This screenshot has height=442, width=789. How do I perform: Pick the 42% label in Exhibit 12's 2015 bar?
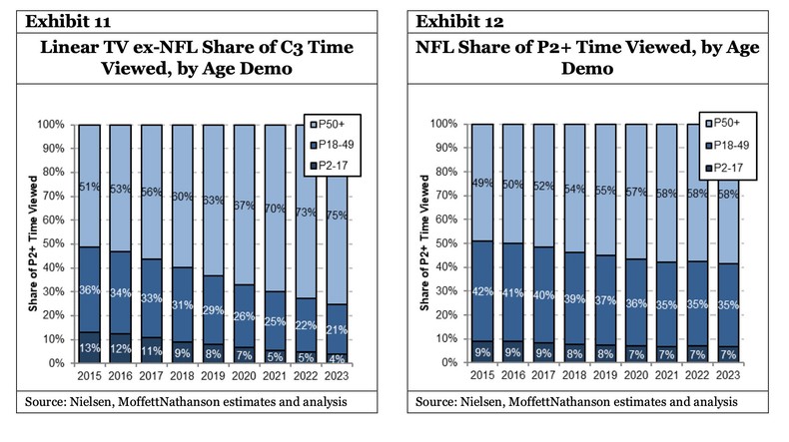click(x=482, y=292)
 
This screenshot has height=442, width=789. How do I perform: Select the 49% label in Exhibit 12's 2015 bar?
click(x=482, y=183)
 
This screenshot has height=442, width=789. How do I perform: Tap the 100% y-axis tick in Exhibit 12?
click(x=444, y=125)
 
